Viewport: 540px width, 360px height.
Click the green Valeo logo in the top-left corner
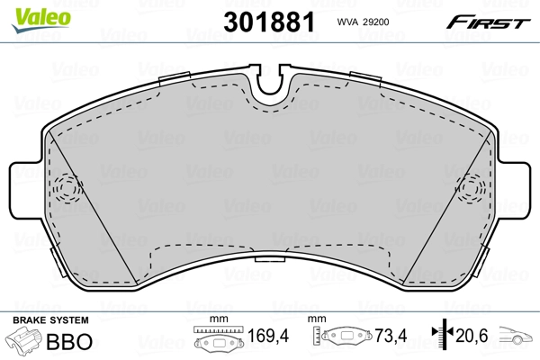[x=30, y=12]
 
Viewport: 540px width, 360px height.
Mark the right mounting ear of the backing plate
[x=515, y=192]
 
